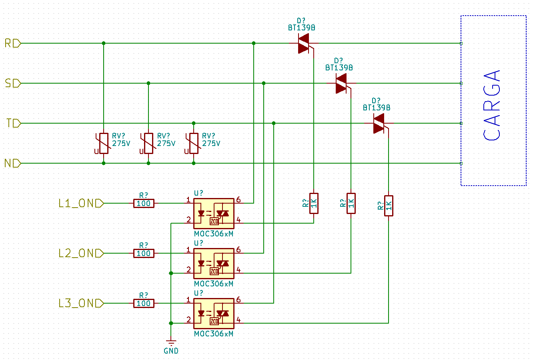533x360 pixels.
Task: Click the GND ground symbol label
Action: (x=171, y=351)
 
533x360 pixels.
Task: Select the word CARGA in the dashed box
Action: (x=492, y=105)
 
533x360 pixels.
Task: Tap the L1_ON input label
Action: (x=81, y=203)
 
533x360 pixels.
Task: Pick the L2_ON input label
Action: (x=81, y=253)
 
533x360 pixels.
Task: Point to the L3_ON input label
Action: (x=81, y=303)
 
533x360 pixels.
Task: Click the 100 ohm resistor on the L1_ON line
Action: (x=144, y=203)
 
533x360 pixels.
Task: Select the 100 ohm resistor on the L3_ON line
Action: (x=144, y=303)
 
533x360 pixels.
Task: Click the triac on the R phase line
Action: (x=304, y=43)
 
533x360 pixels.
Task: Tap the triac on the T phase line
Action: (x=379, y=123)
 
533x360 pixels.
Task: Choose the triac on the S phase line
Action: (x=341, y=83)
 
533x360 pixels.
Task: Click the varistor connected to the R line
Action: (x=104, y=143)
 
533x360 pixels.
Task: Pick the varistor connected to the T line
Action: (x=193, y=143)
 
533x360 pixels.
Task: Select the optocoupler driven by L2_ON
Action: (x=214, y=264)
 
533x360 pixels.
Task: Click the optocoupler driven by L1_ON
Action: (x=214, y=214)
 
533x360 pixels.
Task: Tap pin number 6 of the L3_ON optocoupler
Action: (x=238, y=300)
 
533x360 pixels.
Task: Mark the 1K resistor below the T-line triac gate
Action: (x=389, y=206)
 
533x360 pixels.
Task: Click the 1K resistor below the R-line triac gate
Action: (x=314, y=203)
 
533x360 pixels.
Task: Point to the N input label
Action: (x=13, y=163)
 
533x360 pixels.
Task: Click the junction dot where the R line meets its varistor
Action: (x=104, y=43)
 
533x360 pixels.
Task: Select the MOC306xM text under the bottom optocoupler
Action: (x=214, y=334)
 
